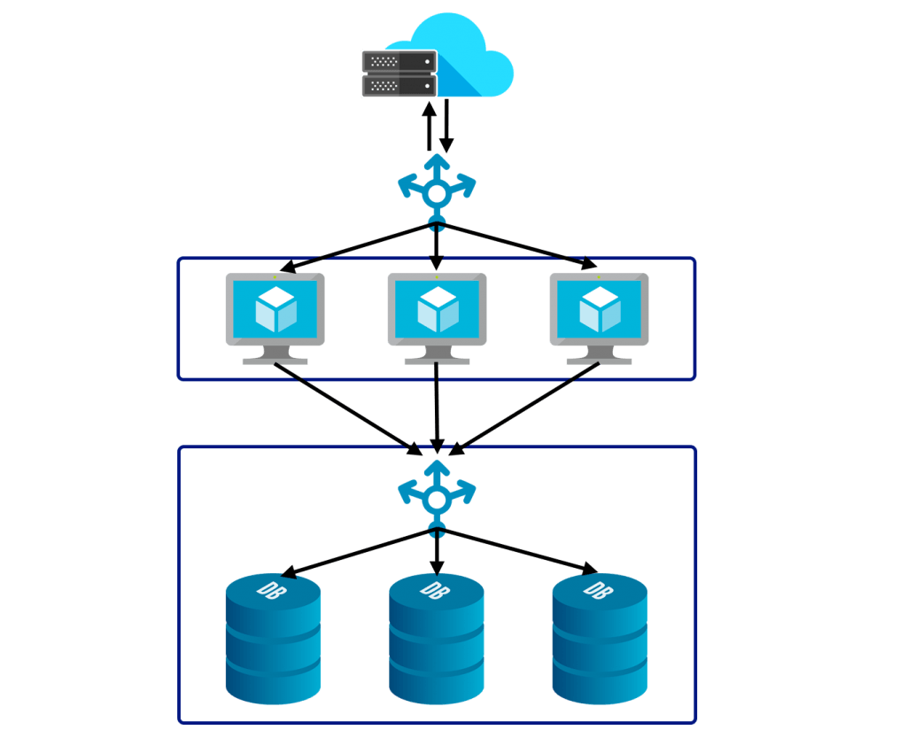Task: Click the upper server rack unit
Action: [x=399, y=61]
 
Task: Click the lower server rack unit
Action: [x=399, y=85]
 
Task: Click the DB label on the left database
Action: [x=268, y=589]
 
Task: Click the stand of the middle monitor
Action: [x=437, y=355]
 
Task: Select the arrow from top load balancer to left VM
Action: [x=354, y=246]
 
